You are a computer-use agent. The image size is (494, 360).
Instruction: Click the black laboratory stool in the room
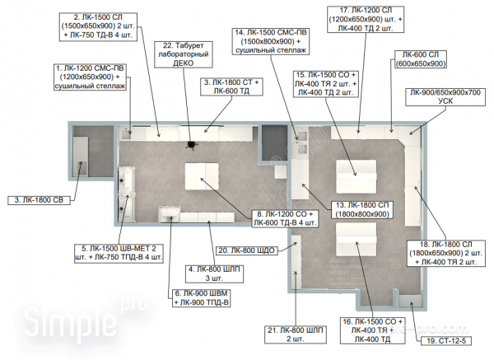191,145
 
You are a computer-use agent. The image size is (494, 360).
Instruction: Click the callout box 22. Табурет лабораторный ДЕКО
184,54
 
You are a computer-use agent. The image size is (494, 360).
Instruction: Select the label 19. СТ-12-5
445,340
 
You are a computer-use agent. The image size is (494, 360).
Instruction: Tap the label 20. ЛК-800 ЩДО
247,250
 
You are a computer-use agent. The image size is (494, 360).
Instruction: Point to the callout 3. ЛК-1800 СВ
39,200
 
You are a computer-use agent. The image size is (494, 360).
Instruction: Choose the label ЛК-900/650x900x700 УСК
445,96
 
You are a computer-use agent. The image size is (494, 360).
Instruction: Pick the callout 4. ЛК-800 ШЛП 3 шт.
214,274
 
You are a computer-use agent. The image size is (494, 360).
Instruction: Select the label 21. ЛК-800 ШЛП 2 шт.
296,334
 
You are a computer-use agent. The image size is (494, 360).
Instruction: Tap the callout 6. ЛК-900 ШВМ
202,298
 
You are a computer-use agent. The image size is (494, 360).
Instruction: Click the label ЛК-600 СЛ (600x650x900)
420,59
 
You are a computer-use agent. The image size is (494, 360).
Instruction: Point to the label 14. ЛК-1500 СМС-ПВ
271,41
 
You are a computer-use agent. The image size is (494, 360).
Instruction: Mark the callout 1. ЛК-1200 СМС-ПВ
90,77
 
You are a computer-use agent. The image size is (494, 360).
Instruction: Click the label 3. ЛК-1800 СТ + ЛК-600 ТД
231,86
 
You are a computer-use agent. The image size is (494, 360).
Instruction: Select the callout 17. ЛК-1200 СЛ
366,19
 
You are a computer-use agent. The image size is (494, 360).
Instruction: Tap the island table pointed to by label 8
202,176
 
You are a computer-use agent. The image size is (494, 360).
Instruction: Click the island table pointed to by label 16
356,240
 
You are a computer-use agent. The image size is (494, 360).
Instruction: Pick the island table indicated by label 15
356,176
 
